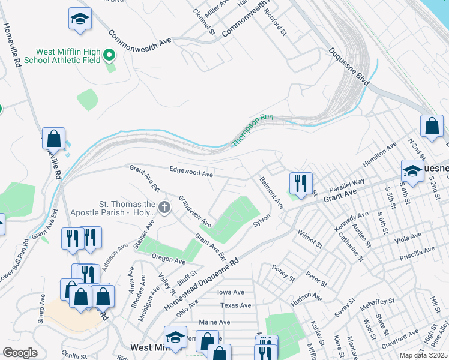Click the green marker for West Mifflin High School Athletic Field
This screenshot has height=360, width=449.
pos(109,56)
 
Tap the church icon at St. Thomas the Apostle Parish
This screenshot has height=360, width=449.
pos(164,208)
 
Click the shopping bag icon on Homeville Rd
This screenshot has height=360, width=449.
pos(54,138)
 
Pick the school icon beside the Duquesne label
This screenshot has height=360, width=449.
pos(412,170)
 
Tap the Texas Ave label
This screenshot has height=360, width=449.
pos(235,305)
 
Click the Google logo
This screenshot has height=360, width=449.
pos(20,353)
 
